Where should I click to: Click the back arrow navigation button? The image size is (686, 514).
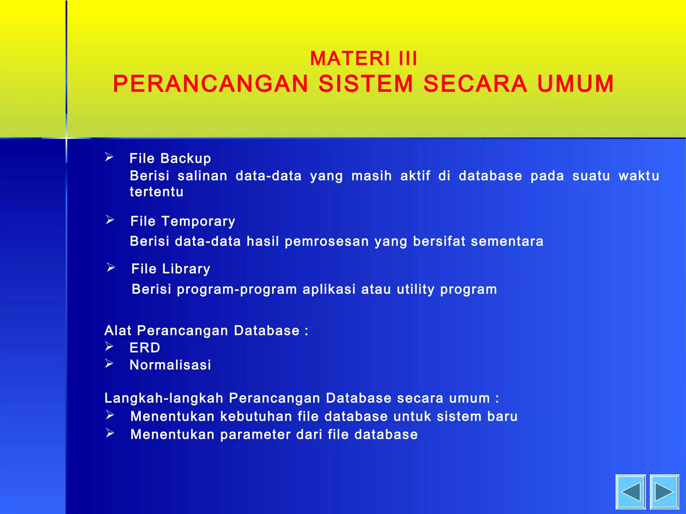point(630,492)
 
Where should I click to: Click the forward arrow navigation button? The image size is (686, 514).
point(664,492)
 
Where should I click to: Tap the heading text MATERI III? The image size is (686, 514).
point(364,59)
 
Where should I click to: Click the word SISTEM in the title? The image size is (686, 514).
point(366,84)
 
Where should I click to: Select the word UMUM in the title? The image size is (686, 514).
point(575,84)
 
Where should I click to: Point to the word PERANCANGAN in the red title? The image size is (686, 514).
point(210,84)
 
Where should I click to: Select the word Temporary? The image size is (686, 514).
point(198,222)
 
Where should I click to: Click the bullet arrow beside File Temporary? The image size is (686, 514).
point(110,220)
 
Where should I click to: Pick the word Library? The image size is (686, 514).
point(186,269)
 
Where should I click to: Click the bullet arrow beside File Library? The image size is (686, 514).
point(111,267)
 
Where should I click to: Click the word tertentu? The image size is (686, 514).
point(156,192)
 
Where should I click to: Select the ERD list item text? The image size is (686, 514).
point(145,348)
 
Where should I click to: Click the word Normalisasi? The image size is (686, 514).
point(170,365)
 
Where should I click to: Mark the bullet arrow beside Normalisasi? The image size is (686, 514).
point(109,363)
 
